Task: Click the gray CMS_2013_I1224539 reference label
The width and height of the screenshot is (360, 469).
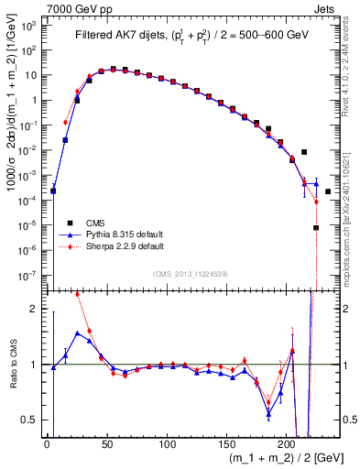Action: [191, 273]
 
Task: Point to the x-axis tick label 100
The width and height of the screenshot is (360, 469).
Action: [167, 446]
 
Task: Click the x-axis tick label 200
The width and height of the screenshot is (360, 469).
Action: [287, 446]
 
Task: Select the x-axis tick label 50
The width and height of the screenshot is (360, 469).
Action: [106, 446]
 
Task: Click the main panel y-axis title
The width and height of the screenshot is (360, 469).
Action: [11, 147]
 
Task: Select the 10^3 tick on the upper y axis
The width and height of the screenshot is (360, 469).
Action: [31, 26]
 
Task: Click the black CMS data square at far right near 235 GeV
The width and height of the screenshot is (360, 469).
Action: [328, 191]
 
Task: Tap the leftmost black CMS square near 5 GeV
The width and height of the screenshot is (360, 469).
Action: [53, 191]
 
